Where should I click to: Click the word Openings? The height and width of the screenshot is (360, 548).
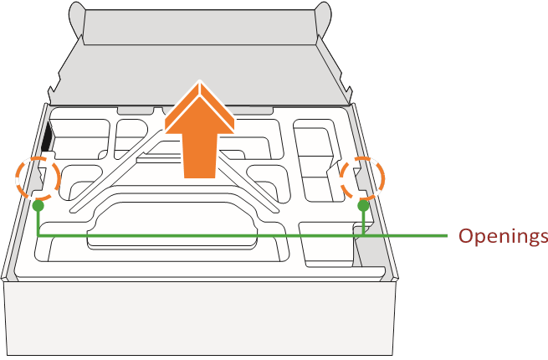click(502, 236)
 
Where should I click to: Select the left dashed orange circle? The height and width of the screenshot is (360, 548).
click(38, 177)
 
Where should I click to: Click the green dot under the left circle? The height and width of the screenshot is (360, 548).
click(38, 205)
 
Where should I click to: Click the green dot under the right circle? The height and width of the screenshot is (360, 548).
click(363, 205)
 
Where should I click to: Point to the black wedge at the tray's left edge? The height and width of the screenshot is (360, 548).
click(48, 138)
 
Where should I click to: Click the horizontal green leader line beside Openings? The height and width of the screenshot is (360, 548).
click(410, 236)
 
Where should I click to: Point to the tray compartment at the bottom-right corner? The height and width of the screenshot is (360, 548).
click(330, 247)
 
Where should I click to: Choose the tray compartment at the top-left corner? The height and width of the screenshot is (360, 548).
click(79, 138)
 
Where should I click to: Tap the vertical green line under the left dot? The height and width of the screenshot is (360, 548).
click(38, 222)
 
